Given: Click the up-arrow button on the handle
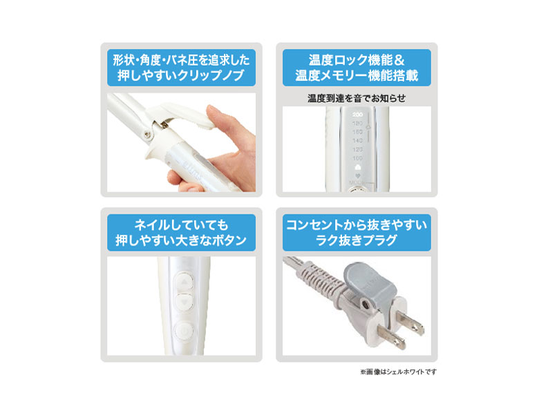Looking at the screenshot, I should click(x=183, y=282).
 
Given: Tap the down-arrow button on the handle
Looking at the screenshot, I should click(x=183, y=302).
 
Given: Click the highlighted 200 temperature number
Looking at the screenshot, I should click(x=357, y=113).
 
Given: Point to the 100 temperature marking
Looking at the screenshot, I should click(x=357, y=158).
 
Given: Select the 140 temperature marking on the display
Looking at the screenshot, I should click(x=357, y=140).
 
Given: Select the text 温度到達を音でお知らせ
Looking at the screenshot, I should click(x=356, y=98).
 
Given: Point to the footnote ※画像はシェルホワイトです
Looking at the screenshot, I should click(x=397, y=372).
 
